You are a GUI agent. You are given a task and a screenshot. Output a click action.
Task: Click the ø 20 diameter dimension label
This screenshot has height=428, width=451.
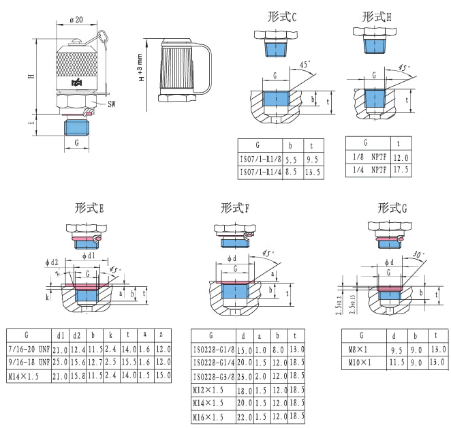pyautogui.click(x=76, y=20)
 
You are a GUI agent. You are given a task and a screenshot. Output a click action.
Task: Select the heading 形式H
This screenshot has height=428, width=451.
pyautogui.click(x=377, y=16)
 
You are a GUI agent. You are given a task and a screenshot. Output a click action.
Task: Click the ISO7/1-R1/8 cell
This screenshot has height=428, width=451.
pyautogui.click(x=259, y=159)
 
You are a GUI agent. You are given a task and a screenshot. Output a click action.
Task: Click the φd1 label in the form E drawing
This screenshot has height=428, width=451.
pyautogui.click(x=88, y=256)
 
